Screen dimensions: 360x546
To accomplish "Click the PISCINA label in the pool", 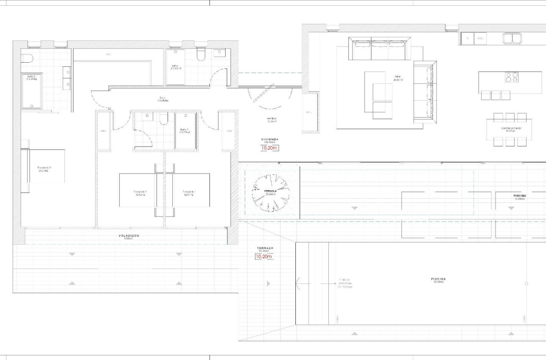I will tap(439, 280).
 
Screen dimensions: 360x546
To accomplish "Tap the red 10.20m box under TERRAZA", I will tap(264, 256).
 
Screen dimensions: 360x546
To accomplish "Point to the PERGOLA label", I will tap(270, 191).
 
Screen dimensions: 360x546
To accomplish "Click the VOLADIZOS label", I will tap(129, 235).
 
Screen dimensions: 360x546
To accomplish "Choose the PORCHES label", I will tap(519, 196).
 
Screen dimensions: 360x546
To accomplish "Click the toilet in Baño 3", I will tap(26, 58).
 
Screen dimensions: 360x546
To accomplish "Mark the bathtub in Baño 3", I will tap(32, 91).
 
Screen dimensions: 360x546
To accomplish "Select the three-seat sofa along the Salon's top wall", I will tap(380, 48).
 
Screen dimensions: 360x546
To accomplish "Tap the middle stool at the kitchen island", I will tap(495, 95).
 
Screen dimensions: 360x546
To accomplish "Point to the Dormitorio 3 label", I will tap(44, 168).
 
